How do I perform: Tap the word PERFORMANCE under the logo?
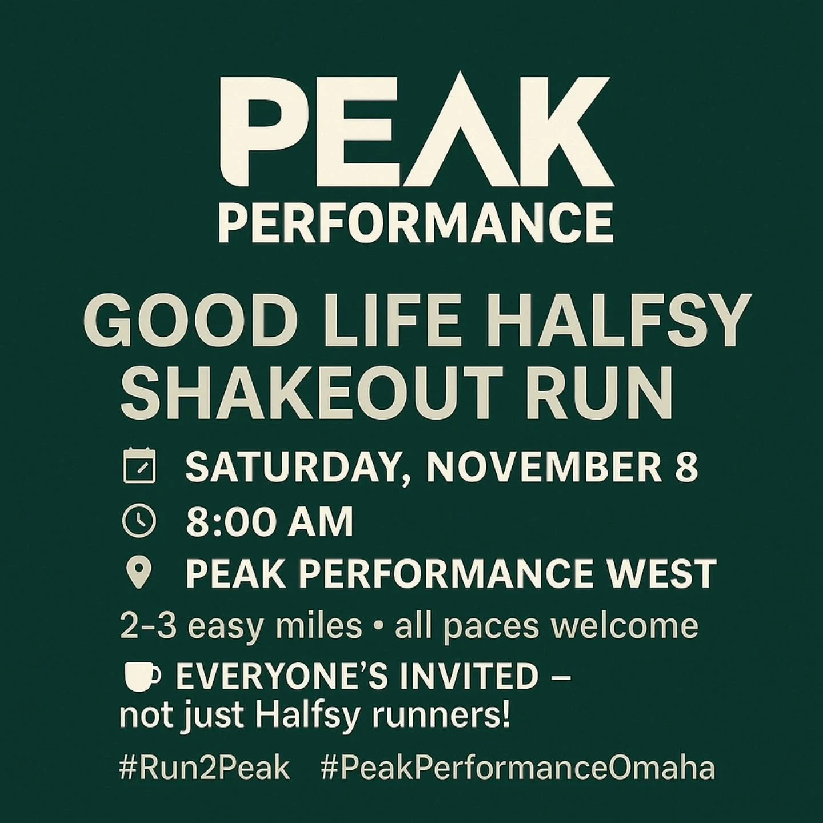tap(416, 224)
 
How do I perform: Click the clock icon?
tap(139, 521)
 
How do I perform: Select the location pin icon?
tap(139, 573)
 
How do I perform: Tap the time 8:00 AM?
tap(269, 521)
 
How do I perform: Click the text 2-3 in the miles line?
tap(150, 626)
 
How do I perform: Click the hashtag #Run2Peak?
tap(204, 768)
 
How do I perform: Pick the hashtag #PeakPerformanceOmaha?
tap(518, 768)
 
